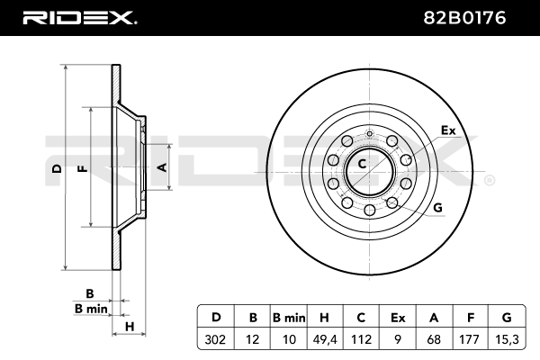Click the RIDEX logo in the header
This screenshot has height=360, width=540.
pos(79,16)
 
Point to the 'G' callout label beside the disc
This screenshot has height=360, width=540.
pos(438,208)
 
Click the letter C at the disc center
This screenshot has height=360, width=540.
pos(362,164)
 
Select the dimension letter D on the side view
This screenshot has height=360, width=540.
pos(56,168)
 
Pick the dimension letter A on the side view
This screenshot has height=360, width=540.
pos(162,166)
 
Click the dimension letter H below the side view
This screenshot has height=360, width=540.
pos(130,326)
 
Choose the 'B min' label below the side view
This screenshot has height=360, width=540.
pos(90,309)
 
